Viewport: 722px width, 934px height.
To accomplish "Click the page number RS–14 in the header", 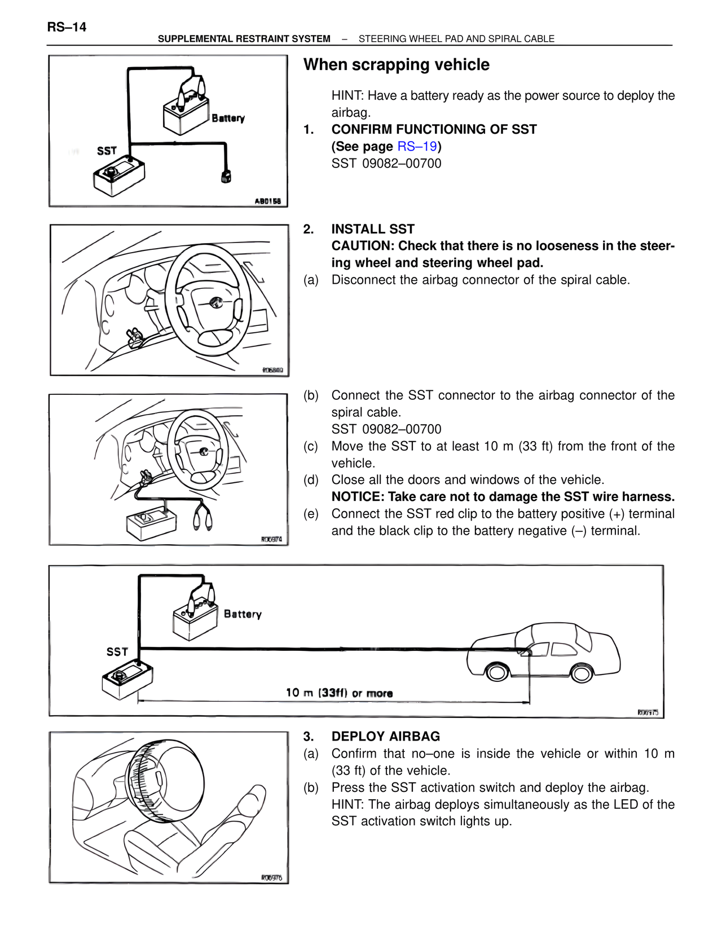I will tap(67, 27).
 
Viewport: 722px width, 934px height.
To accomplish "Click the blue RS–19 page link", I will tap(417, 147).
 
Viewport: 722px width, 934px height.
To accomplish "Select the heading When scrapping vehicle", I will tap(396, 65).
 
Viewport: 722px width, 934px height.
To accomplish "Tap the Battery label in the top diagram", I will tap(228, 118).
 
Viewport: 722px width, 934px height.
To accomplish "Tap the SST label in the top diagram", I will tap(107, 151).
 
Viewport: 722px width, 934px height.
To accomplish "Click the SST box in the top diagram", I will tap(118, 175).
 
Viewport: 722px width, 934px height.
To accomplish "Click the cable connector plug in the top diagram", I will tap(226, 176).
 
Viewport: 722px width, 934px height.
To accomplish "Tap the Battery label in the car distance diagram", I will tap(243, 614).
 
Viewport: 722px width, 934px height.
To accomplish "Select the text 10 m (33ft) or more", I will tap(339, 693).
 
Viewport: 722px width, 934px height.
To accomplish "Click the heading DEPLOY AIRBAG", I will tap(385, 737).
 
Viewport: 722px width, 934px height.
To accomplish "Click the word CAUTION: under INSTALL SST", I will tap(363, 246).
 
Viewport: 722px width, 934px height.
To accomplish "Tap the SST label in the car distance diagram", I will tap(117, 652).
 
